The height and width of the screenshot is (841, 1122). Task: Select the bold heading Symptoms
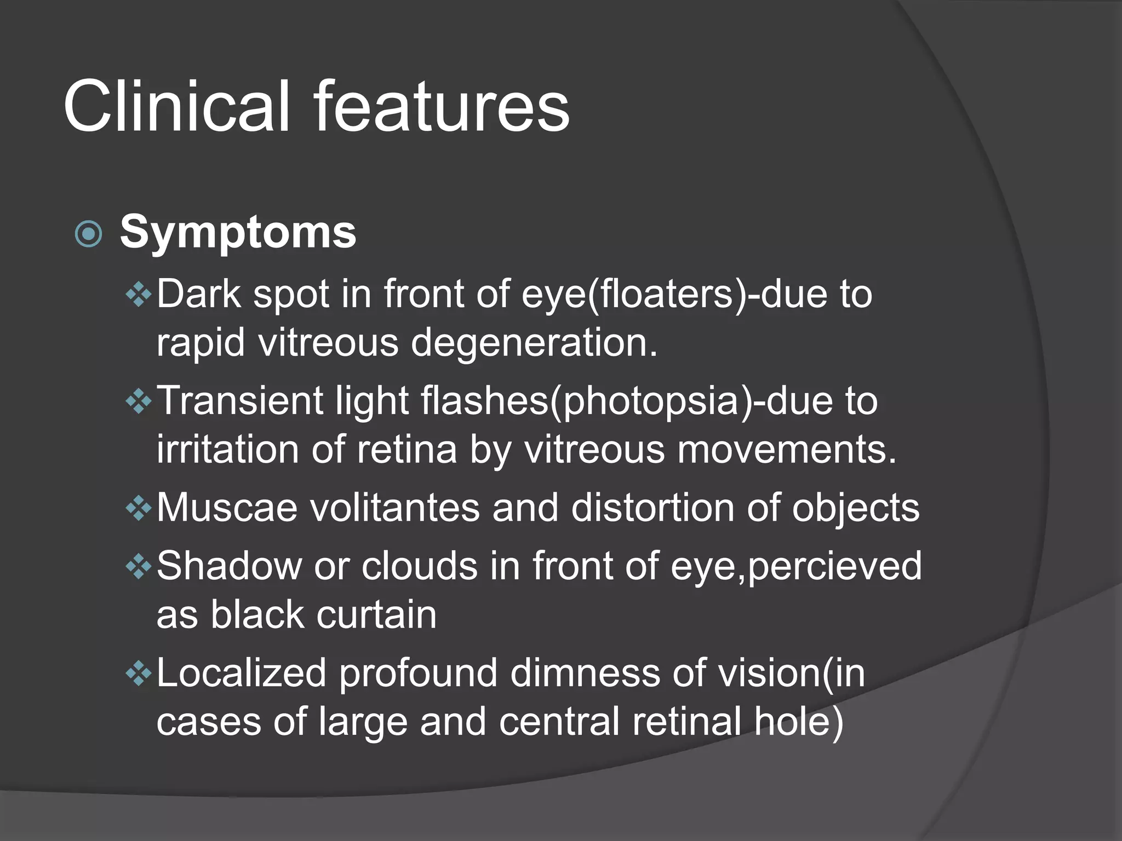pyautogui.click(x=238, y=232)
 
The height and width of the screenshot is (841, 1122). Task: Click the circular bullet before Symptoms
pyautogui.click(x=89, y=234)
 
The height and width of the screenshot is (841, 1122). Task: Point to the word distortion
pyautogui.click(x=652, y=508)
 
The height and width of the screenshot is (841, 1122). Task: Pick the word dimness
pyautogui.click(x=585, y=673)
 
